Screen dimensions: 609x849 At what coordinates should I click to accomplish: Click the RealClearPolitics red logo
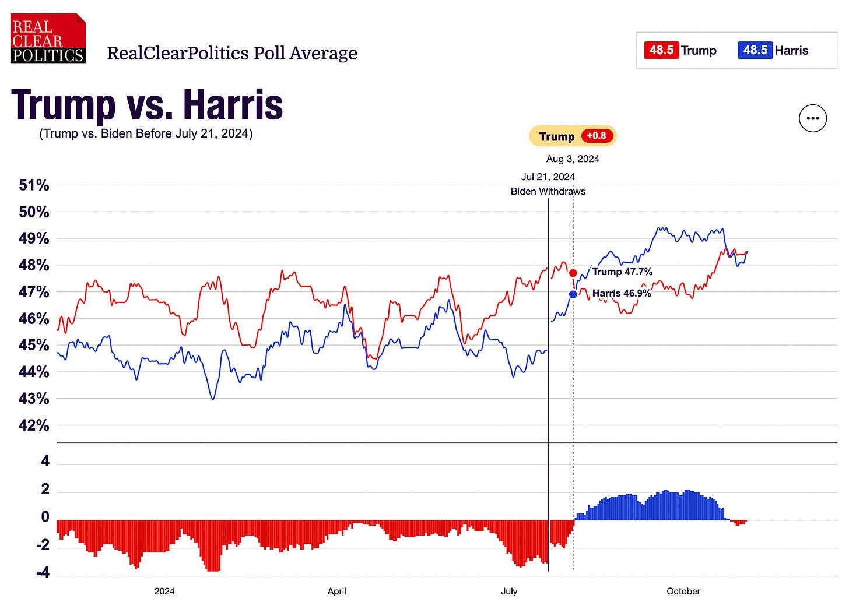tap(48, 38)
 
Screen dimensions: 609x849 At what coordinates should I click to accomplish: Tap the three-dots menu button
tap(812, 118)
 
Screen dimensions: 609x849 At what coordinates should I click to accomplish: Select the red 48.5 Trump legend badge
tap(661, 50)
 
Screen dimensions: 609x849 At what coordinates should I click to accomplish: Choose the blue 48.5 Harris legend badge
tap(755, 50)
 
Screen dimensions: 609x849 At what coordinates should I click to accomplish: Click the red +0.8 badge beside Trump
tap(596, 136)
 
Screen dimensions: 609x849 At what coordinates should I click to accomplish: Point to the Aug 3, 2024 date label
tap(573, 159)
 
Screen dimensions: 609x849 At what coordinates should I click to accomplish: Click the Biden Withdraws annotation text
tap(548, 191)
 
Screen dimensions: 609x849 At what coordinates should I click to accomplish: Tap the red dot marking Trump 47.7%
tap(573, 273)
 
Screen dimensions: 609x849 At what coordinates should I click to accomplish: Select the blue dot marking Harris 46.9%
tap(573, 294)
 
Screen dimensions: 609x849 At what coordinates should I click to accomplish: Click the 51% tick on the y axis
tap(34, 185)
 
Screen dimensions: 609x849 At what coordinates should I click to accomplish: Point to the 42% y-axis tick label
tap(34, 425)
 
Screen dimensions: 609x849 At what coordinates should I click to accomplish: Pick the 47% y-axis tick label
tap(34, 292)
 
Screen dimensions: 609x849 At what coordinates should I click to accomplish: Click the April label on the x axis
tap(336, 591)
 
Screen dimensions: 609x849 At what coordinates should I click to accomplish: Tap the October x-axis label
tap(683, 591)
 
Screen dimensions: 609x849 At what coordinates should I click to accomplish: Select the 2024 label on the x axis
tap(164, 591)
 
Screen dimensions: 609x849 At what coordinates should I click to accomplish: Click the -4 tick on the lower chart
tap(43, 573)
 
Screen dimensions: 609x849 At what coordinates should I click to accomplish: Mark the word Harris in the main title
tap(233, 105)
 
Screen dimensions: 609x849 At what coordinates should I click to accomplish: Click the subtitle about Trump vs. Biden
tap(146, 133)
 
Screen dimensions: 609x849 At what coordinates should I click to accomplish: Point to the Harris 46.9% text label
tap(622, 293)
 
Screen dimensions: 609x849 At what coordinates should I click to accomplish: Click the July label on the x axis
tap(508, 591)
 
